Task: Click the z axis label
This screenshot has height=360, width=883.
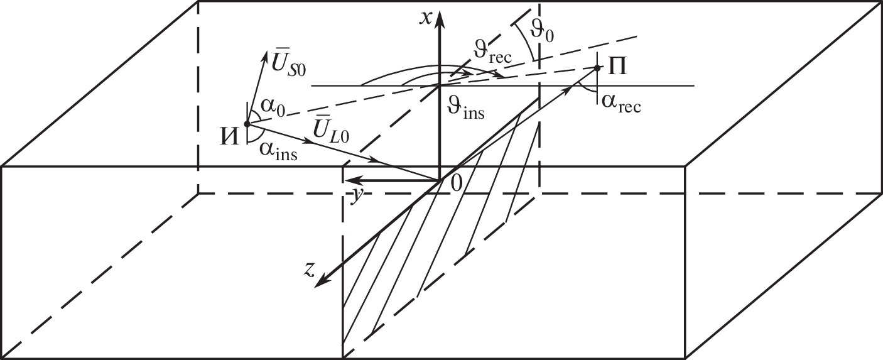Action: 310,269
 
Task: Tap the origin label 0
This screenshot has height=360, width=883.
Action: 456,183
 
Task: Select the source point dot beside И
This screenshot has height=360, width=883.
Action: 247,123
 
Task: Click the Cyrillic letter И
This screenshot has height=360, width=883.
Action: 229,138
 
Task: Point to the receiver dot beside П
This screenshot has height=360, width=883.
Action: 597,68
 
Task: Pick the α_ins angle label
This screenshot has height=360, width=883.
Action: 278,151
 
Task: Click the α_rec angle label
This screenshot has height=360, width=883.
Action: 621,104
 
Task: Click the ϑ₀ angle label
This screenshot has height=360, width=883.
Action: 542,31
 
